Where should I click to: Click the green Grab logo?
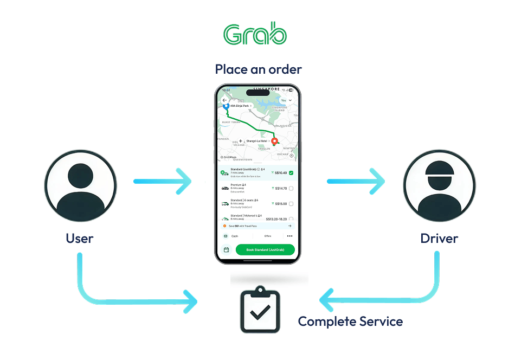255,35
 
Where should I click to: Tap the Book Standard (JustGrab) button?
265,250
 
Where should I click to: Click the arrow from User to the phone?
163,181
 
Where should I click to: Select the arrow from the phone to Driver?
356,181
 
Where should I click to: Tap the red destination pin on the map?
274,142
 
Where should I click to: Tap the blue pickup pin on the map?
226,107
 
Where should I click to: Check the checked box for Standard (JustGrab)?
291,173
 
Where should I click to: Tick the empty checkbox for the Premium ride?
291,188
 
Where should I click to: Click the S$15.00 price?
281,204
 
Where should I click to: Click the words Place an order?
258,69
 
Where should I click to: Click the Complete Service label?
350,322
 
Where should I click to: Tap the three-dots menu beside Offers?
289,236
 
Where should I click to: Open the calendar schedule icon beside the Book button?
226,250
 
